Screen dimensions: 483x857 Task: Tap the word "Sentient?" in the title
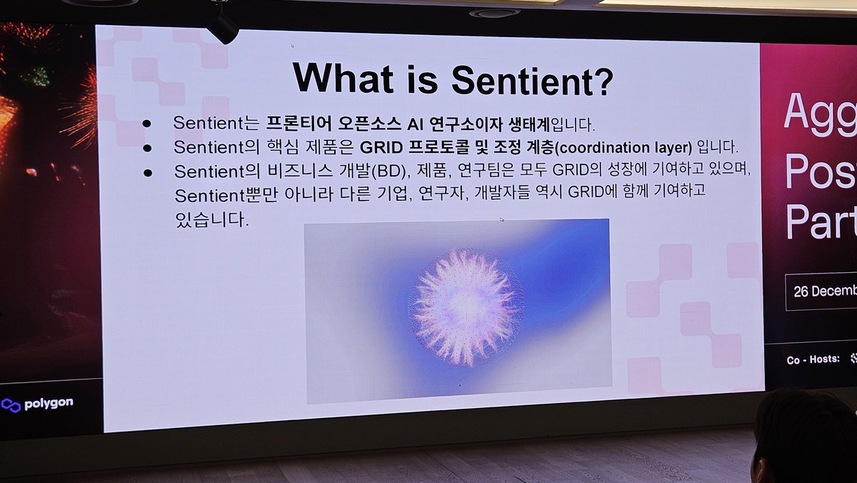click(x=532, y=80)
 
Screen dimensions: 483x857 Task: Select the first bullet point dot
click(x=146, y=123)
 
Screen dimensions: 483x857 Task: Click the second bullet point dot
click(x=147, y=148)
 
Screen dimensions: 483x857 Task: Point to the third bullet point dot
click(x=148, y=172)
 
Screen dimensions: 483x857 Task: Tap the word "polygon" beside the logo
click(x=49, y=404)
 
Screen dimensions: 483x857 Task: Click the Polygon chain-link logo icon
click(x=11, y=404)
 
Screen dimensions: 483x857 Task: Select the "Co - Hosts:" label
click(x=813, y=359)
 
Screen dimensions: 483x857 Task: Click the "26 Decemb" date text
click(x=825, y=292)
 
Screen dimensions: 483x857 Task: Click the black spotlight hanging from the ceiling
click(x=222, y=26)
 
